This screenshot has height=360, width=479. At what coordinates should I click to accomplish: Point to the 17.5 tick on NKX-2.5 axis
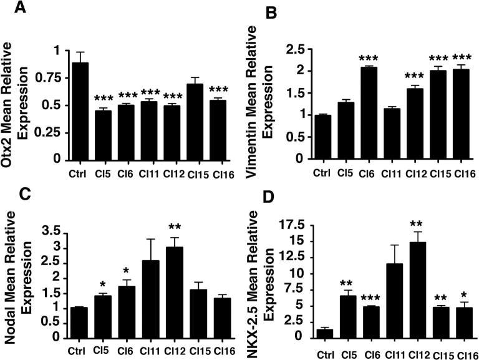point(299,225)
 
